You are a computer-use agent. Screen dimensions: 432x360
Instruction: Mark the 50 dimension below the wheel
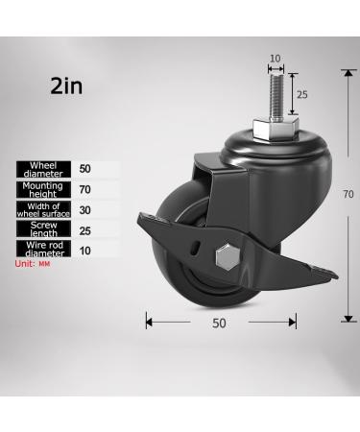pos(219,324)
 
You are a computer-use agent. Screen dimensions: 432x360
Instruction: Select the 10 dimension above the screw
pos(275,59)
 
